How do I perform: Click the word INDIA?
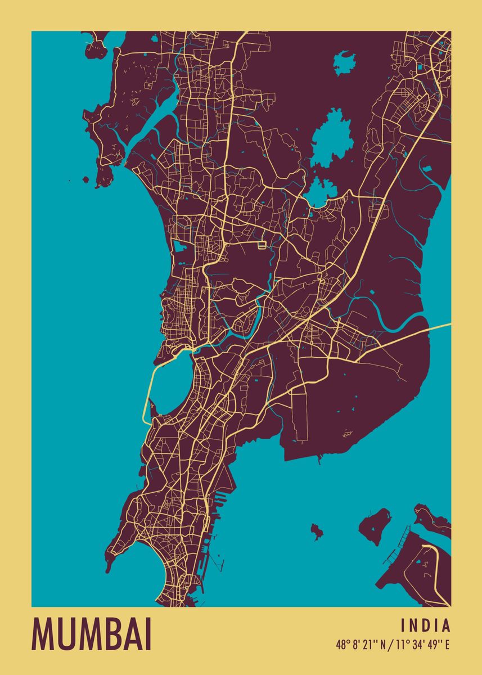(426, 625)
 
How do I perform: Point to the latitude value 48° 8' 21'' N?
(360, 645)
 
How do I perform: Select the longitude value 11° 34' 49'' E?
(422, 645)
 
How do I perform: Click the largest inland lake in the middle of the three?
(332, 138)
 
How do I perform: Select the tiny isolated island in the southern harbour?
(317, 530)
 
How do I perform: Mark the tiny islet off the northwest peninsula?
(85, 180)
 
